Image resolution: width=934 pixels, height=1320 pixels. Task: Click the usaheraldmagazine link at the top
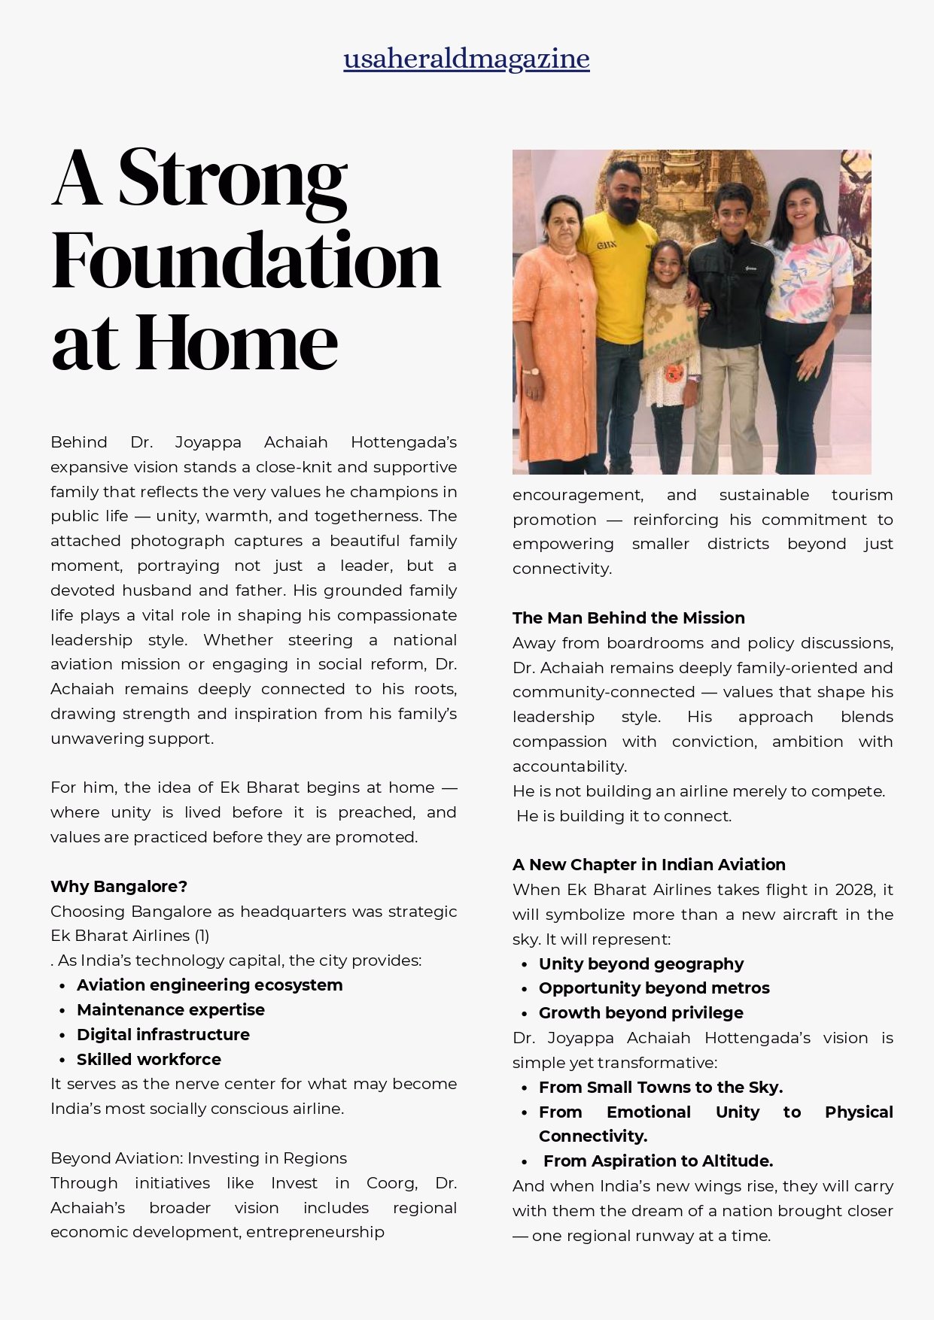click(467, 59)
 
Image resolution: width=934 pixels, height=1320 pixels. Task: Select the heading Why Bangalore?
click(119, 886)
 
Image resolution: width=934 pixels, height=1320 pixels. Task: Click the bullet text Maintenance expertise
click(170, 1009)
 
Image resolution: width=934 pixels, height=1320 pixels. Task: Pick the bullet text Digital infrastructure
click(163, 1034)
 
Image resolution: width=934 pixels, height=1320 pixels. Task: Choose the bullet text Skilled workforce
click(148, 1059)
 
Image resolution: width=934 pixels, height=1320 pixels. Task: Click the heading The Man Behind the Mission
click(628, 618)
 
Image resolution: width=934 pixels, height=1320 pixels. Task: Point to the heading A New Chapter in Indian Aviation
click(649, 864)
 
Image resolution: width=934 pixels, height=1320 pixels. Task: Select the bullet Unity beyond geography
click(640, 963)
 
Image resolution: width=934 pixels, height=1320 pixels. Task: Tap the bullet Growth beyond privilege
click(640, 1012)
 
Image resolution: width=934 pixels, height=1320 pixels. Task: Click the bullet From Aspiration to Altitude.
click(658, 1161)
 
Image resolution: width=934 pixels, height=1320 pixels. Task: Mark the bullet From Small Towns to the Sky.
click(660, 1087)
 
